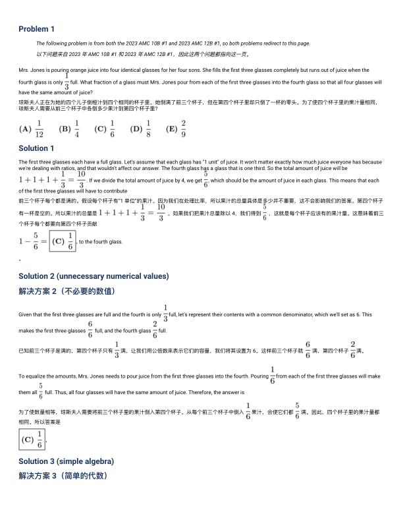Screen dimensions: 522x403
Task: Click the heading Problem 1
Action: click(36, 29)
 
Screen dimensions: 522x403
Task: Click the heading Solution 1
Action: click(37, 148)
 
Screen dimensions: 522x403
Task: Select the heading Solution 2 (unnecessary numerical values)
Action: click(94, 275)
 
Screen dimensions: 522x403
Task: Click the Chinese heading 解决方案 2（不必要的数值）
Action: click(67, 291)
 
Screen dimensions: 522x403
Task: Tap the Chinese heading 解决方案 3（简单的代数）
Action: click(63, 475)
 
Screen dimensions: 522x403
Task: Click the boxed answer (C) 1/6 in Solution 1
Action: click(63, 241)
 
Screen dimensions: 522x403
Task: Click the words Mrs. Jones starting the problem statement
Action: click(31, 70)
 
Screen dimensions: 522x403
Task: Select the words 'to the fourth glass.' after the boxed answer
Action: click(101, 242)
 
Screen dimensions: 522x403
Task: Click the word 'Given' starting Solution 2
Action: click(26, 315)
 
